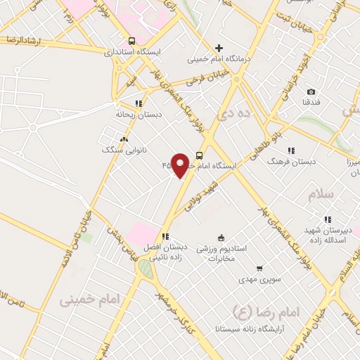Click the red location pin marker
click(x=181, y=165)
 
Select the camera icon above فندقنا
click(x=311, y=92)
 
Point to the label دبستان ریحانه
click(x=134, y=112)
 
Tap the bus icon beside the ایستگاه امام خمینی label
click(x=200, y=155)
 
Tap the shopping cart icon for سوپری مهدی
click(x=259, y=269)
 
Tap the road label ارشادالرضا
click(x=21, y=41)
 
